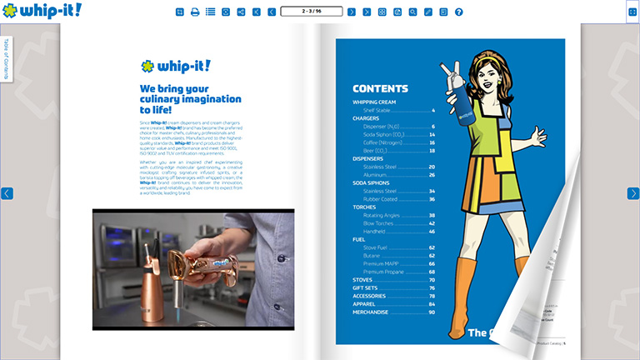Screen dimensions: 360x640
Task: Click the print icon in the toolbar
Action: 195,12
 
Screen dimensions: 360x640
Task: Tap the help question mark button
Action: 458,12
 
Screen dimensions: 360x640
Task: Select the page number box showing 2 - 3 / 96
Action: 312,12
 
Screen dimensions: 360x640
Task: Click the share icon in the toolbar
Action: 241,12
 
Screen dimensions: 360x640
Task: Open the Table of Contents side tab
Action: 6,58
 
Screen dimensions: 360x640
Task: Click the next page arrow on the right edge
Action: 632,193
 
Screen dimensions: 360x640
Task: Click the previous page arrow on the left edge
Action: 7,193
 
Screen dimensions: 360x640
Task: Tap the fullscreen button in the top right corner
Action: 632,12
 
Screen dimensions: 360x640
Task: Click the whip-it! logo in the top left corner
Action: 41,11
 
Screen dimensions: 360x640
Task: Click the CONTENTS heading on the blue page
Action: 380,88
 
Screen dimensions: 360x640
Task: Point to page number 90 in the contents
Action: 432,312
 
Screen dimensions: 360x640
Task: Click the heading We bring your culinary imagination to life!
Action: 190,98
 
